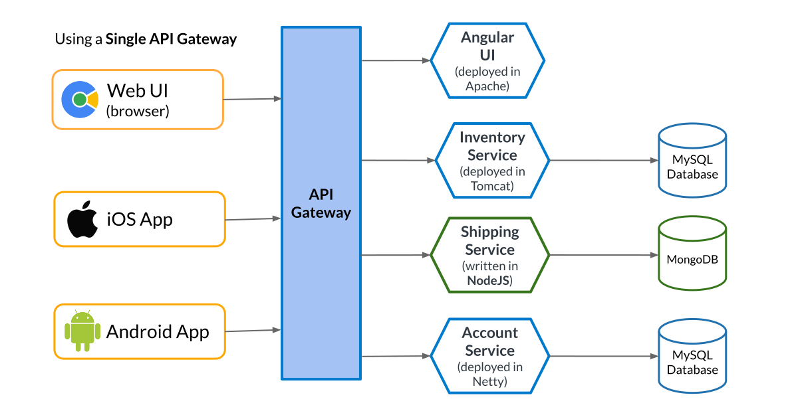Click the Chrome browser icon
80,100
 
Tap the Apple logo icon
82,219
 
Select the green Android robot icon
82,331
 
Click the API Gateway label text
321,203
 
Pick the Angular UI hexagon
487,60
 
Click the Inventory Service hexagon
492,160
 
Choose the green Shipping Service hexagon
490,255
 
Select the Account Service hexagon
490,357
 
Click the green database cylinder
692,255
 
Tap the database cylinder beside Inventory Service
692,160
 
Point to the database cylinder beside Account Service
692,357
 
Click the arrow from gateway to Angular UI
396,60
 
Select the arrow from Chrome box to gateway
253,100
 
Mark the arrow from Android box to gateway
253,331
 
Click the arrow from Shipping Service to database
602,255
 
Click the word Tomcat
492,186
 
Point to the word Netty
490,382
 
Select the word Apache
487,86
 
